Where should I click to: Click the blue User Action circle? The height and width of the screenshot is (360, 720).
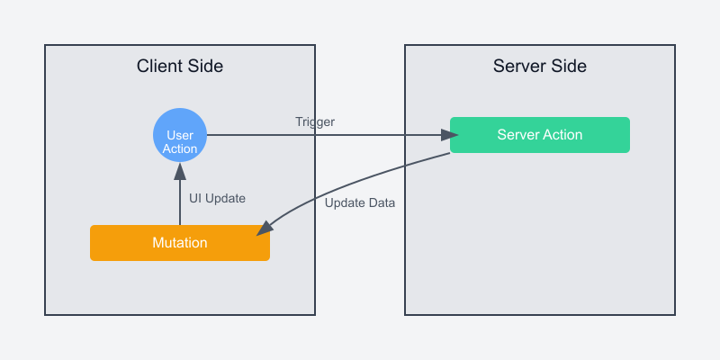180,135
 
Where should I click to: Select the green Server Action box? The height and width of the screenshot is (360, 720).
540,135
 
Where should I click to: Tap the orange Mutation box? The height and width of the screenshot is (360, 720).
180,243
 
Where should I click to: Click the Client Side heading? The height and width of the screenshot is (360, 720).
180,66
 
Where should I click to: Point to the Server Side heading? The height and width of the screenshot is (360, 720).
540,66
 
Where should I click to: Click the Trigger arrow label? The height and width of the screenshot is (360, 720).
315,121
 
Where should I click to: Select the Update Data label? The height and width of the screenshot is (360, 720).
360,202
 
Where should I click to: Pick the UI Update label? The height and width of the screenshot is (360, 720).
217,198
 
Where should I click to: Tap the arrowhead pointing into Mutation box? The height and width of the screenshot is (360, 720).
263,231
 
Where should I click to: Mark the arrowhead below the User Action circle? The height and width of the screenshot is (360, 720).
180,168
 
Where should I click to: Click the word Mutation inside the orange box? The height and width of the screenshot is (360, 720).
180,243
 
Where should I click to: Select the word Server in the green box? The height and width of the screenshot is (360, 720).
517,135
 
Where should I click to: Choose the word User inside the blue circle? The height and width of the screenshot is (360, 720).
180,135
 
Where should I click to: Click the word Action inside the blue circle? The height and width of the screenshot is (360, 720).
180,148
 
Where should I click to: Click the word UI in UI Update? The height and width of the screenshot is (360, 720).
195,198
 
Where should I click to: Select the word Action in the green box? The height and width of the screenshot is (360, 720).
562,135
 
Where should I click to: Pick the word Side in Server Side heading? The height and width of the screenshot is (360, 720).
569,66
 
